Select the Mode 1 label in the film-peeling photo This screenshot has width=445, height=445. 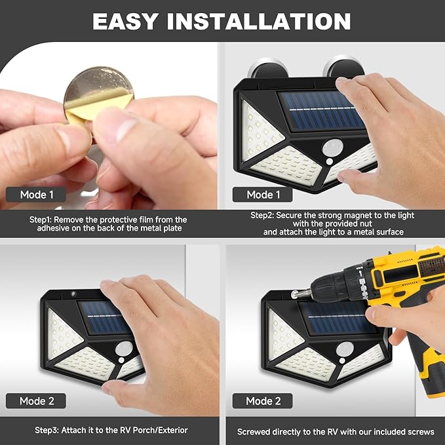(x=37, y=195)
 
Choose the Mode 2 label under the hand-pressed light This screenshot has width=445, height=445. (x=37, y=401)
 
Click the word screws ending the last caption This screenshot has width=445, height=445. (x=420, y=432)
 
